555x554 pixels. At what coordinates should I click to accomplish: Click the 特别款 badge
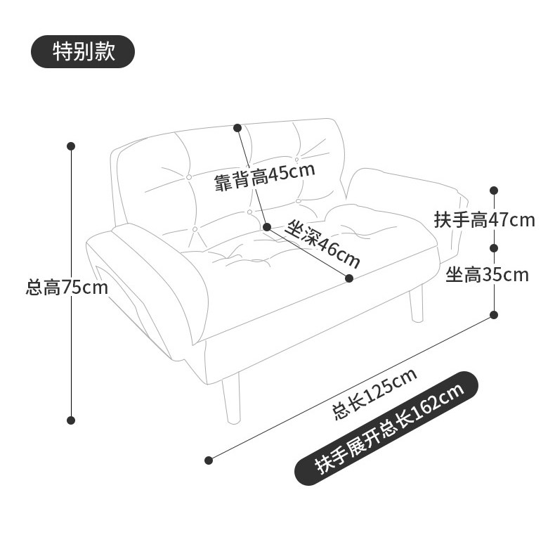click(83, 52)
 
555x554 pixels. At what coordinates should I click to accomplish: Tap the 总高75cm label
click(67, 287)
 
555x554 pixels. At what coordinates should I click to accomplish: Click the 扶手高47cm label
click(484, 219)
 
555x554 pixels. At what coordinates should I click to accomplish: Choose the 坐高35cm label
click(487, 274)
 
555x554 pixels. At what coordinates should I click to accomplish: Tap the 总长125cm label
click(374, 394)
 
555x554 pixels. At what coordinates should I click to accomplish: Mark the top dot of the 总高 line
click(71, 146)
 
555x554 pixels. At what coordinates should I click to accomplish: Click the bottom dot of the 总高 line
click(71, 420)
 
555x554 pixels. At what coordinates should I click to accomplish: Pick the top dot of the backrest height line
click(237, 128)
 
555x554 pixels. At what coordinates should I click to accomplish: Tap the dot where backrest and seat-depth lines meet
click(267, 226)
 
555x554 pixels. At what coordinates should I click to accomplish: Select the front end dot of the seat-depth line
click(349, 278)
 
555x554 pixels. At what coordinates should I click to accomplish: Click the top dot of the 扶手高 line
click(494, 191)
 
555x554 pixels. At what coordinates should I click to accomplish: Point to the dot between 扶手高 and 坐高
click(494, 247)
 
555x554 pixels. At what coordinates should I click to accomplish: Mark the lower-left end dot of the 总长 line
click(209, 460)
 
